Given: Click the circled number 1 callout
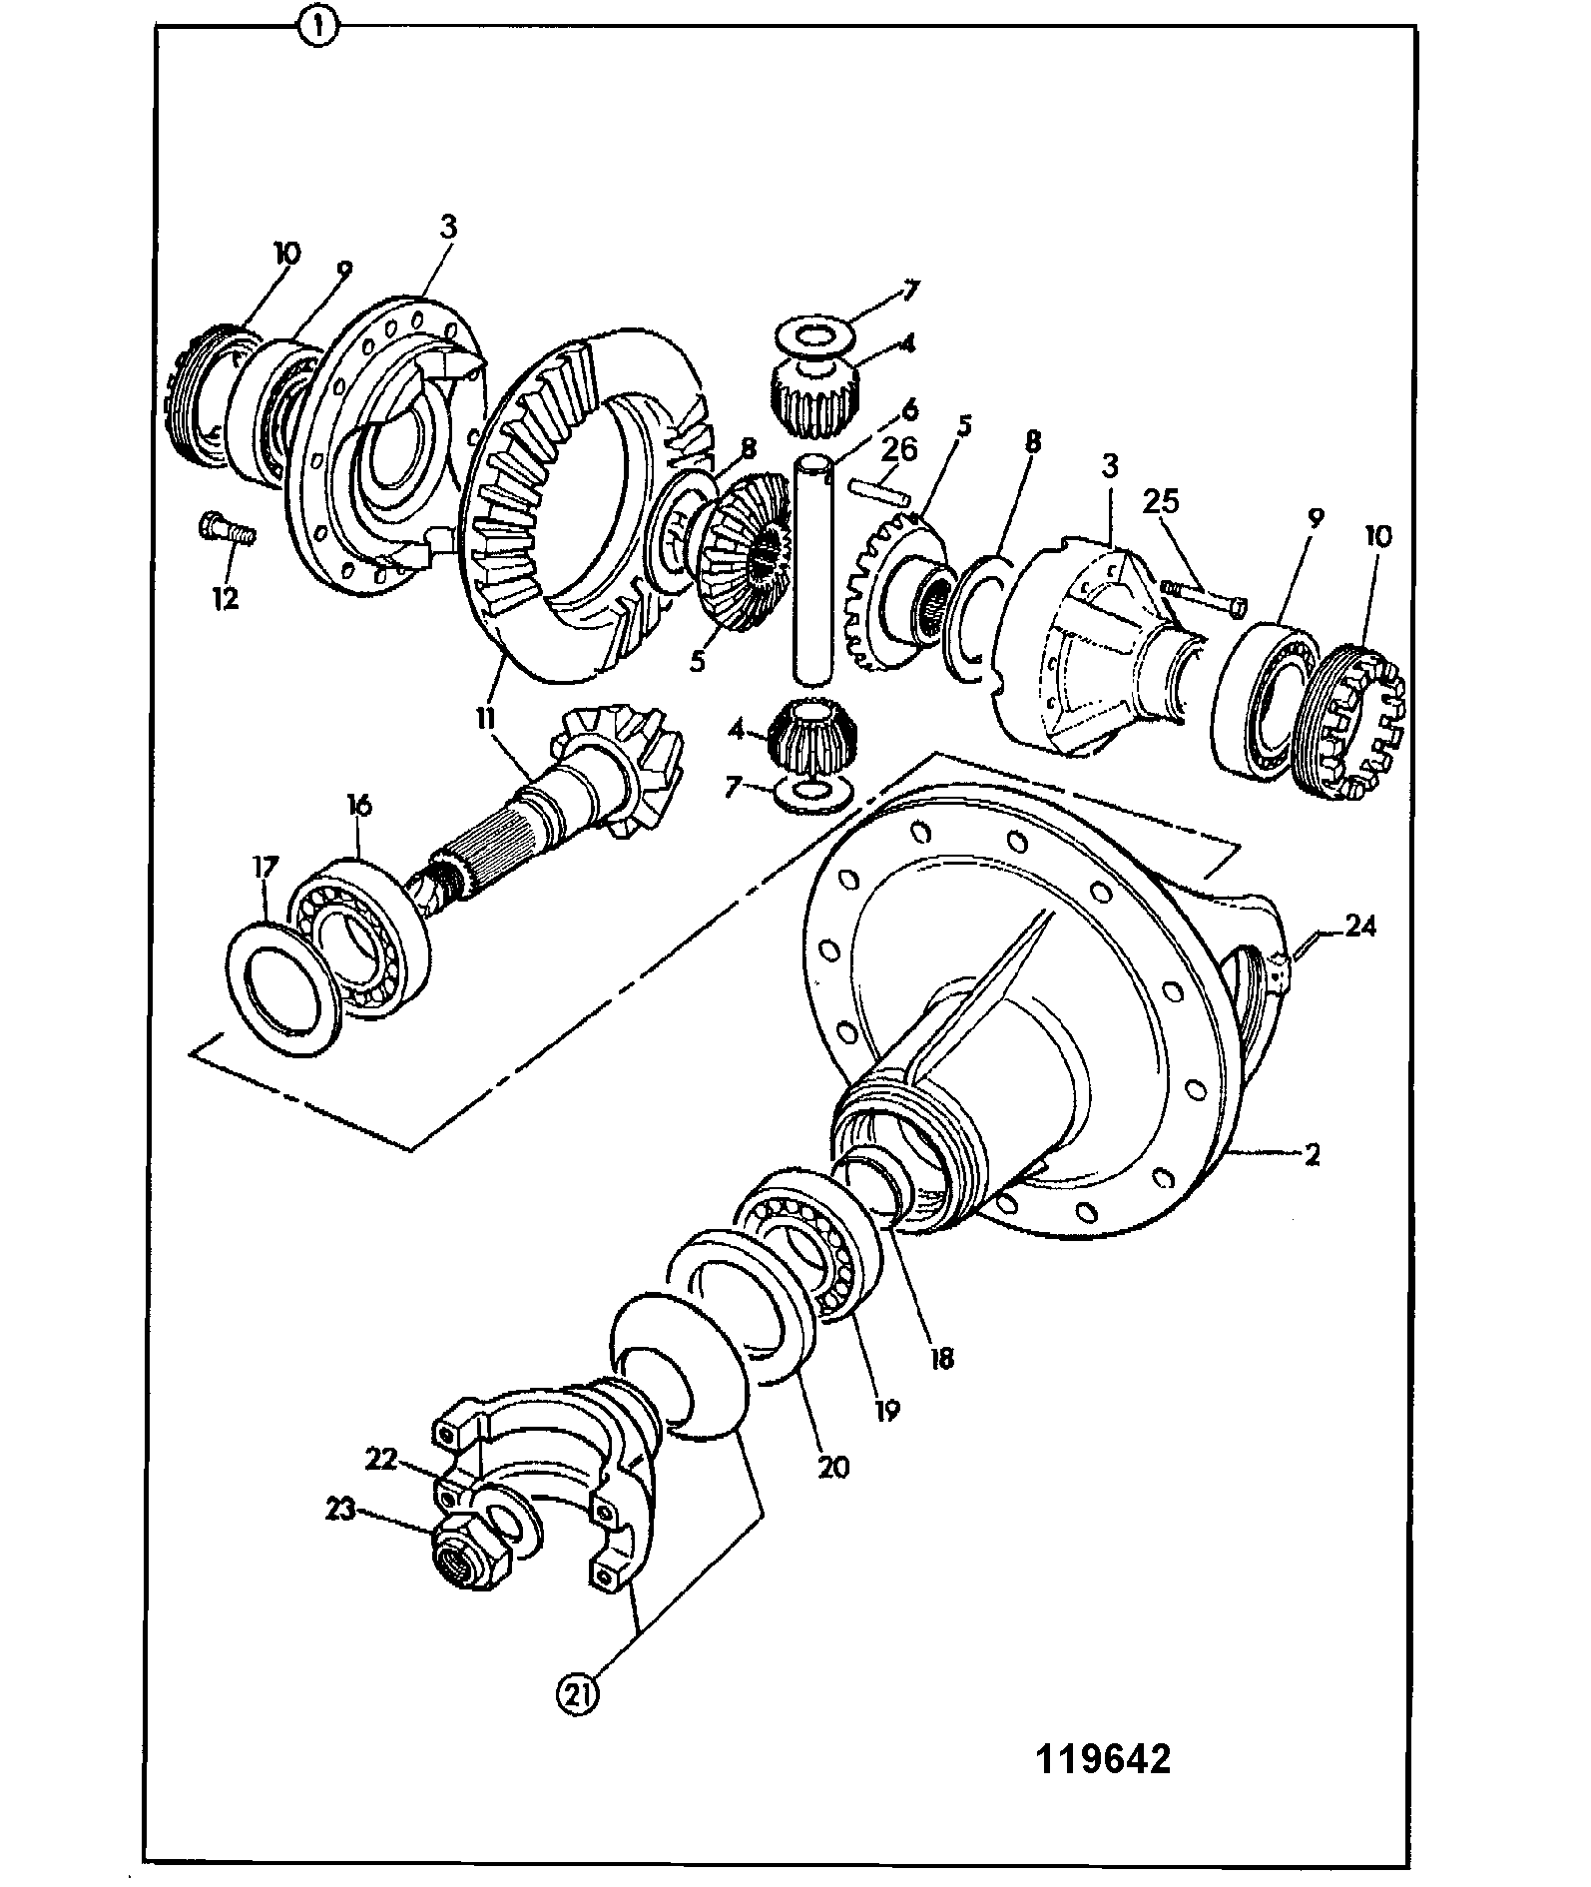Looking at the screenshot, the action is pos(317,27).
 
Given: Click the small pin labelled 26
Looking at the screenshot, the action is pos(877,491).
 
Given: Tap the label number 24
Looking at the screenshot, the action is pos(1359,927).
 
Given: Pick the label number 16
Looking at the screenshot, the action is pos(358,804).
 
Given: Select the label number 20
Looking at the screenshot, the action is pos(833,1468).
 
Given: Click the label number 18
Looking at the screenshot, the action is pos(941,1357).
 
